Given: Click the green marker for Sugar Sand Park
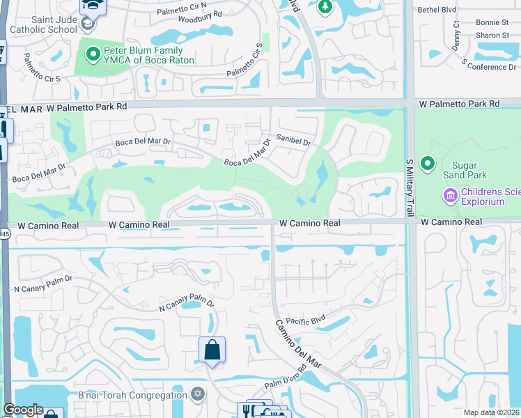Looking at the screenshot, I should pos(427,164).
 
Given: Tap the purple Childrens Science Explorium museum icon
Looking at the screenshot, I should pos(450,196).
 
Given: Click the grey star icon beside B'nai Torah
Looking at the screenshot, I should pos(197,395).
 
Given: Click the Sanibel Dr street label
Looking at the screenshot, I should pos(293,141).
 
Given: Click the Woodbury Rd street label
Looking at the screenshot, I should pos(199,14).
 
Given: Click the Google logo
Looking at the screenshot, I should pos(23,410).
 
